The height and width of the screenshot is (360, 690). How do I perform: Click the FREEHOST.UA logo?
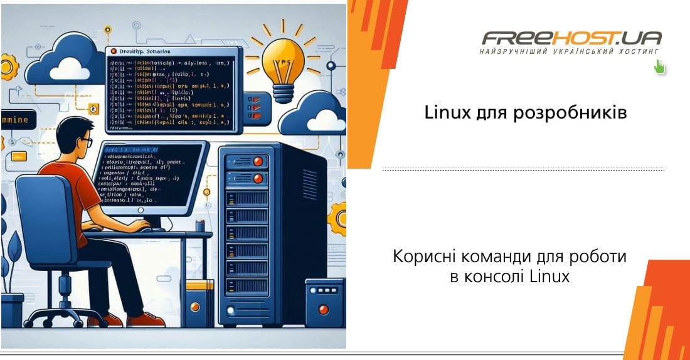pyautogui.click(x=571, y=38)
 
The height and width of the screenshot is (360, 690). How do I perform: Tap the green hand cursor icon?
pyautogui.click(x=659, y=66)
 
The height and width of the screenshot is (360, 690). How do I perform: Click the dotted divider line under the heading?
pyautogui.click(x=523, y=169)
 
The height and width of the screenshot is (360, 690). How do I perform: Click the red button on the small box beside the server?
pyautogui.click(x=324, y=309)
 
